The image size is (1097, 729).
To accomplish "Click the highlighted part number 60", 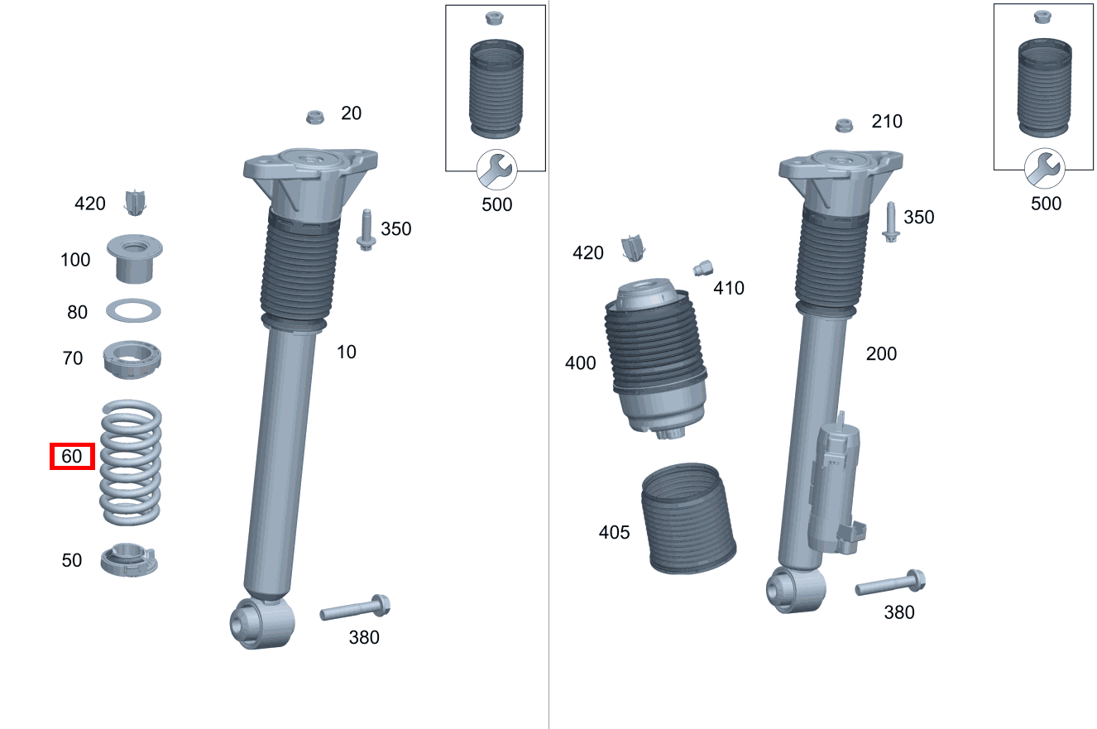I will pos(72,456).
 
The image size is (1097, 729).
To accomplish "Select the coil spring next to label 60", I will pos(131,463).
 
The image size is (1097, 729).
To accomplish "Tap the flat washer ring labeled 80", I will pos(133,312).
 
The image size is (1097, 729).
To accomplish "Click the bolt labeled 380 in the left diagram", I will pos(355,610).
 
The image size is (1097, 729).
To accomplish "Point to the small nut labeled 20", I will pos(314,116).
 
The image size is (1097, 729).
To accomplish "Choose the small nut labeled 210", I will pos(844,125).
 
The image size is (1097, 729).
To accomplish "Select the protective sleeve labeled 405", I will pos(688,519).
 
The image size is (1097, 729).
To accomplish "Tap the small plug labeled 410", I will pos(702,268).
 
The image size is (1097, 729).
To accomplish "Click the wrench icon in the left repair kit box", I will pos(496,170).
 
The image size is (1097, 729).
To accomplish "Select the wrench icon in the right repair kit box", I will pos(1045,169).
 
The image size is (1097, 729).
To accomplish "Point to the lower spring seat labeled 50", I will pos(128,559).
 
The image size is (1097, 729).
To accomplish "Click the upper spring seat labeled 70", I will pos(132,360).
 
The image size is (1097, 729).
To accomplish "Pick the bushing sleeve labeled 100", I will pos(134,258).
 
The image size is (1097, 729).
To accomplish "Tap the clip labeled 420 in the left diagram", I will pos(134,202).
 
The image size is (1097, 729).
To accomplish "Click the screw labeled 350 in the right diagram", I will pos(891,222).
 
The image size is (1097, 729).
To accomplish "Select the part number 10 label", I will pos(346,352).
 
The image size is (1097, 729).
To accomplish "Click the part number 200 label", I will pos(881,353).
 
